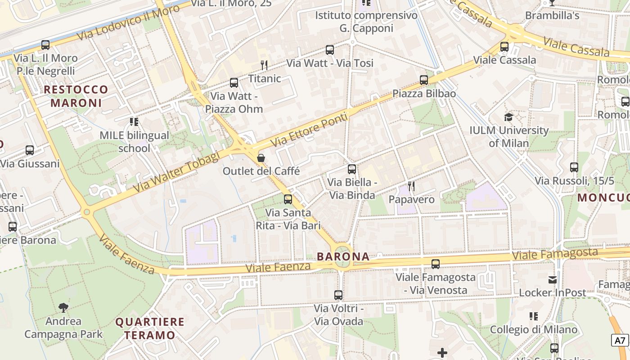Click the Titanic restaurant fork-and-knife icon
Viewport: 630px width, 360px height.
click(264, 65)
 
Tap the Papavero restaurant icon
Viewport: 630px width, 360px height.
click(411, 186)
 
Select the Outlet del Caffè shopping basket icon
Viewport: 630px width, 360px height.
click(261, 158)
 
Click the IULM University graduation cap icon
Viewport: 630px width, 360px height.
click(508, 117)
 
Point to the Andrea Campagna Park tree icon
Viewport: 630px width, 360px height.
click(63, 308)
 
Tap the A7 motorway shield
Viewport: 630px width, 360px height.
click(620, 340)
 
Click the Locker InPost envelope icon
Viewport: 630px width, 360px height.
click(552, 280)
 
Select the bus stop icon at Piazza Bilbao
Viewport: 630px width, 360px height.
click(424, 80)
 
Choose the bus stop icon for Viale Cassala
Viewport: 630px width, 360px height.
click(504, 47)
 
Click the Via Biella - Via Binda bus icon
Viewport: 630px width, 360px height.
click(352, 169)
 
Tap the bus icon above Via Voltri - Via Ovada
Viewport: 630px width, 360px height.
click(338, 295)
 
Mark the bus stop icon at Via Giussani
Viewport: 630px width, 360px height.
click(30, 150)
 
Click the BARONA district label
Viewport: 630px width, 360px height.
click(343, 256)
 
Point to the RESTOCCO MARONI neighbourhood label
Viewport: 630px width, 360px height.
click(76, 96)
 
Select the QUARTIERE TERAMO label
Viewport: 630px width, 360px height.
click(150, 328)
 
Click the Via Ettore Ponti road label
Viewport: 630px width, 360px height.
click(310, 130)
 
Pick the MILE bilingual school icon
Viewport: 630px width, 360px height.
click(134, 122)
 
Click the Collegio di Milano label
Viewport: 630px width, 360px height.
click(533, 329)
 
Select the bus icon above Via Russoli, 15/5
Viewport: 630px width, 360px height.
click(574, 167)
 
